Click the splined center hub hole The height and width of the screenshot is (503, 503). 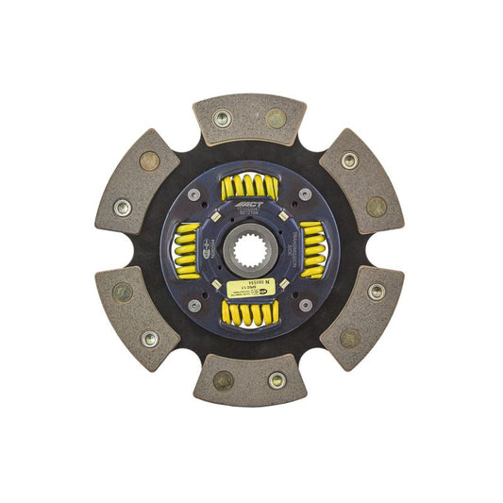tap(249, 250)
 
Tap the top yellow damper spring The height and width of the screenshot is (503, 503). tap(249, 187)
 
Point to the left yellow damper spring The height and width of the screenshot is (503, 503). tap(187, 250)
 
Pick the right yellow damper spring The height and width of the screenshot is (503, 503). tap(312, 250)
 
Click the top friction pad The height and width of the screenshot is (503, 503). tap(249, 118)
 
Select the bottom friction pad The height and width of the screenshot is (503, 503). tap(249, 380)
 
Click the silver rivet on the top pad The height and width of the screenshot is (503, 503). tap(224, 118)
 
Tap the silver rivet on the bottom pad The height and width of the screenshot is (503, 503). tap(277, 380)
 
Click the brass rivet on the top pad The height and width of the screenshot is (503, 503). tap(276, 118)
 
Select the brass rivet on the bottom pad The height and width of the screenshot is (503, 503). tap(224, 380)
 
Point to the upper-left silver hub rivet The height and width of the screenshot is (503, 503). tap(194, 194)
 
